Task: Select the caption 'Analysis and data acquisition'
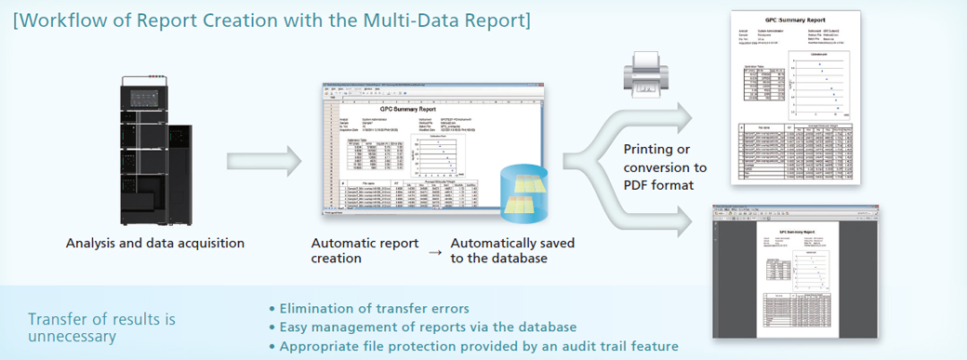[155, 244]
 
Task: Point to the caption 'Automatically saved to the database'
[511, 250]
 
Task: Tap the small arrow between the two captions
[434, 251]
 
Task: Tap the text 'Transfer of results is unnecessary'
[102, 327]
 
